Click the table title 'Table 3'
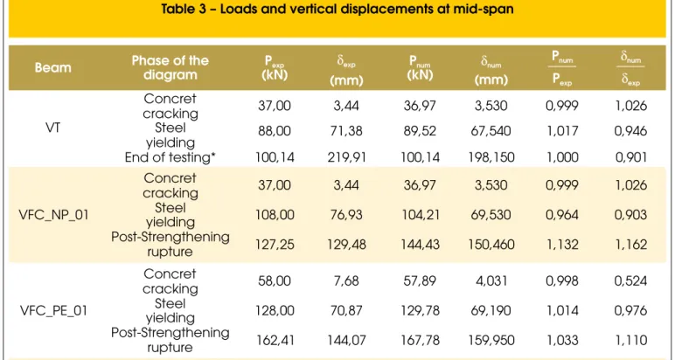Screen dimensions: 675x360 187,9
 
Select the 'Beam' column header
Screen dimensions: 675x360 53,67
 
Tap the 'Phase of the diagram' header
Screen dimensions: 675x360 170,67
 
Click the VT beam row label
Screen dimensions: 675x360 53,128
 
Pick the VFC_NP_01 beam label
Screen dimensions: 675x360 54,215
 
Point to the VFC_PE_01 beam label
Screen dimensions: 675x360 54,310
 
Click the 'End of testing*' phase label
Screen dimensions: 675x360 170,157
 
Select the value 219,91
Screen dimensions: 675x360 346,157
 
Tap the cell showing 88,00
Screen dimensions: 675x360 275,131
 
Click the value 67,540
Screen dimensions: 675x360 491,131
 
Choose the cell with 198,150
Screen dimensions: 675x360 491,157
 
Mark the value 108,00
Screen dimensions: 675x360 275,215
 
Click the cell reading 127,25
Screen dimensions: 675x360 275,245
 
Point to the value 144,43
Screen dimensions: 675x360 421,245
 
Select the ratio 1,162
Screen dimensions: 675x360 630,245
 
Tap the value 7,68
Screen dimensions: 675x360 346,280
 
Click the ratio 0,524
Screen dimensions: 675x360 630,280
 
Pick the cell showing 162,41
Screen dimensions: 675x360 275,340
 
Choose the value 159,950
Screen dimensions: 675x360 491,340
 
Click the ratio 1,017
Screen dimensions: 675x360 562,131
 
